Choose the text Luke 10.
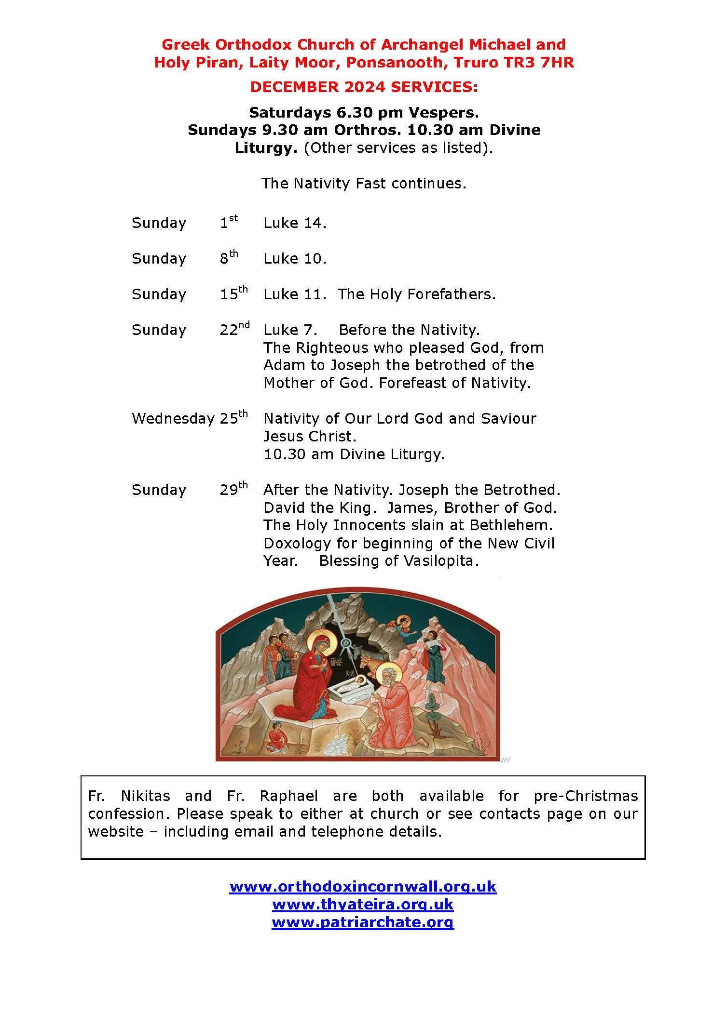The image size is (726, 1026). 295,259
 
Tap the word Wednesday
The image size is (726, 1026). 173,418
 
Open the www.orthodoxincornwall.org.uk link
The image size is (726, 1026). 363,887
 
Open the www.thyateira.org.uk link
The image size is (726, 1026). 363,905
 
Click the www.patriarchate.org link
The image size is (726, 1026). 363,922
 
